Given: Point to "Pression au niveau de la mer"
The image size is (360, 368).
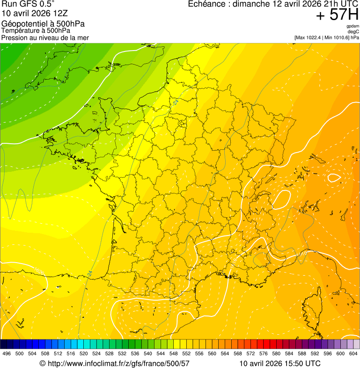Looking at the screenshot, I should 45,37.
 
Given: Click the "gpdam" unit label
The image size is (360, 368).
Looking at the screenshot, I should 353,26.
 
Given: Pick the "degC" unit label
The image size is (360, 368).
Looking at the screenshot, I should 353,32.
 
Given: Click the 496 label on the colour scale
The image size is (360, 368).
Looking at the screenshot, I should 7,354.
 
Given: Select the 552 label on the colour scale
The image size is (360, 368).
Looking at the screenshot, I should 186,354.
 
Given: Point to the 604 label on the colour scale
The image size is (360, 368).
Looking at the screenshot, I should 353,354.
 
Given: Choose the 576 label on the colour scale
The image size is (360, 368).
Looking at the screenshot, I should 264,354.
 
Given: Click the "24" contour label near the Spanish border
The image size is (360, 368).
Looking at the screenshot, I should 89,273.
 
